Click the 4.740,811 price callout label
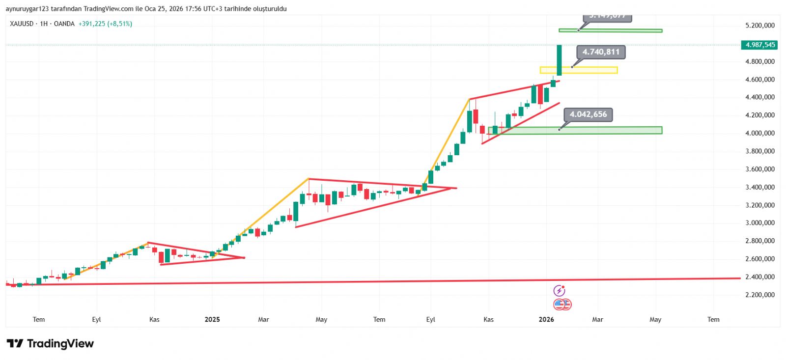601,52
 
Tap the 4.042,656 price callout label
588,114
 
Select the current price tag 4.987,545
760,45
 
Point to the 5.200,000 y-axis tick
760,26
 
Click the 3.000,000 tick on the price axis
760,223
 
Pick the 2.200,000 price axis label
760,295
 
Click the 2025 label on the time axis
212,319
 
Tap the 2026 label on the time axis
546,319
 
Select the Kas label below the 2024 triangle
154,319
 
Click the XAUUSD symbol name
21,24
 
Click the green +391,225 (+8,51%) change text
105,24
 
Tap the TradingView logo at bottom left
50,343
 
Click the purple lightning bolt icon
559,291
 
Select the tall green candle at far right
559,60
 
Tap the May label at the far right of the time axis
655,319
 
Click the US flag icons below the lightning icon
562,305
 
